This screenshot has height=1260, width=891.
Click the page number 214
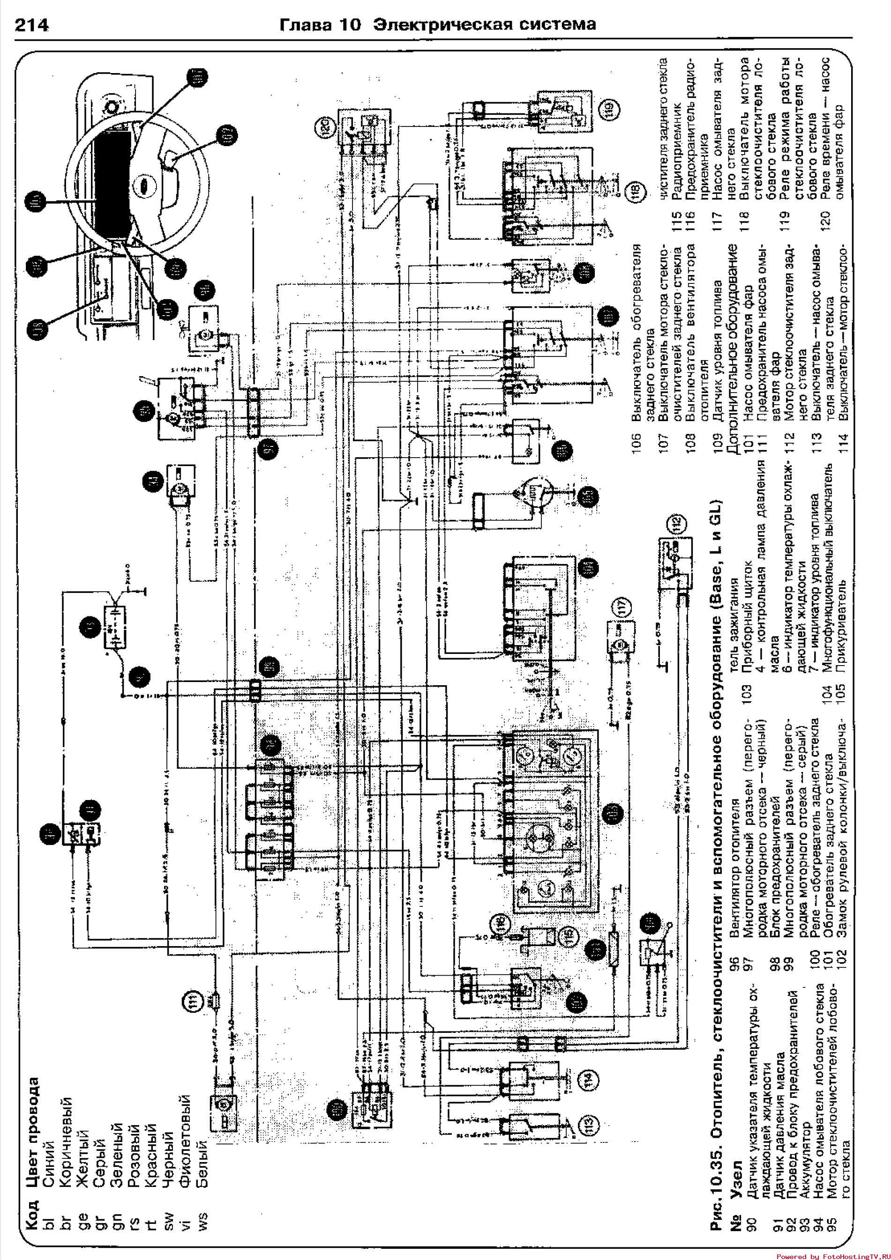(32, 25)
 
